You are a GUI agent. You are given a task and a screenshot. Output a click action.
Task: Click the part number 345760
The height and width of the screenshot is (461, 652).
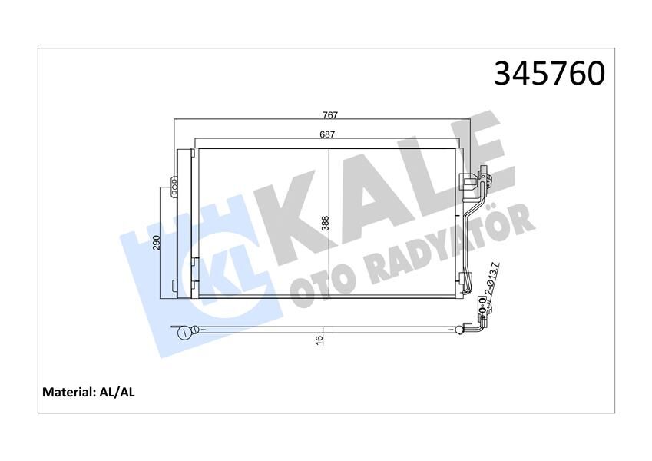pyautogui.click(x=549, y=73)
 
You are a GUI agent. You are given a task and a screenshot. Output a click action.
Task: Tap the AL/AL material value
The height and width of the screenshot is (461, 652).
pyautogui.click(x=117, y=392)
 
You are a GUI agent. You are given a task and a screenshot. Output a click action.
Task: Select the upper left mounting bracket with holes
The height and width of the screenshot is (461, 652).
pyautogui.click(x=174, y=184)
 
